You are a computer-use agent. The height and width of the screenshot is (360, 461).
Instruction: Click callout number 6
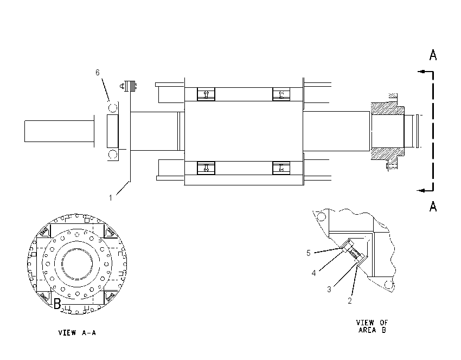[x=98, y=72]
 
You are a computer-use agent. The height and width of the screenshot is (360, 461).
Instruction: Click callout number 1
[x=111, y=198]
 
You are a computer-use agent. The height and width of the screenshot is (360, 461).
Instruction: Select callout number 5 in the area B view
[x=309, y=253]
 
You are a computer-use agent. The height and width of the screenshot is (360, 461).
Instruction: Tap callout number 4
[x=313, y=273]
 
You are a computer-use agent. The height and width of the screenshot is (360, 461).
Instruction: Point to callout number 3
[x=329, y=289]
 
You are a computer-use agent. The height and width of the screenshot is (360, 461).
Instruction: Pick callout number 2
[x=350, y=301]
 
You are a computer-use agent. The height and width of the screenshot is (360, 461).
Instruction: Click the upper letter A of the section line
[x=433, y=55]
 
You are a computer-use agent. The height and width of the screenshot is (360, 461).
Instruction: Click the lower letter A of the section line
[x=433, y=207]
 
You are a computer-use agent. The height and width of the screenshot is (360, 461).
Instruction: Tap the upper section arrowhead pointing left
[x=421, y=72]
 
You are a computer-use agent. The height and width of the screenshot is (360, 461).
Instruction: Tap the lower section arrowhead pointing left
[x=421, y=190]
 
